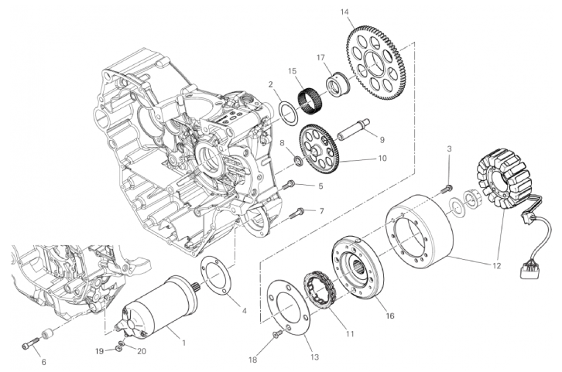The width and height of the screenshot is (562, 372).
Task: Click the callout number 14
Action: (x=344, y=11)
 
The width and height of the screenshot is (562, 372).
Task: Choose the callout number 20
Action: (x=142, y=350)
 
